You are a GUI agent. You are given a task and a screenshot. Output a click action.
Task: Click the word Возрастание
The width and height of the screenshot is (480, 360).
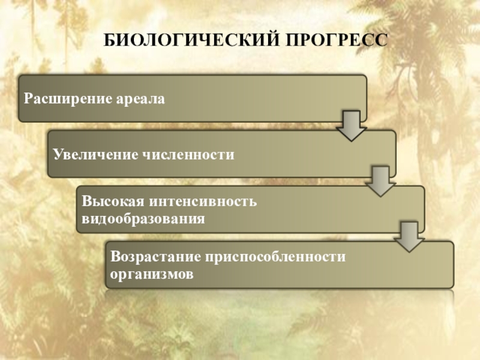pyautogui.click(x=155, y=257)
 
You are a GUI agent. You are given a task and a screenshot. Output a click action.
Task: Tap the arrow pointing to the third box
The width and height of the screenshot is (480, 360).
pyautogui.click(x=379, y=182)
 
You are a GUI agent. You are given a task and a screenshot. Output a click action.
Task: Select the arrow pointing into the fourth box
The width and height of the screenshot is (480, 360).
pyautogui.click(x=407, y=237)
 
